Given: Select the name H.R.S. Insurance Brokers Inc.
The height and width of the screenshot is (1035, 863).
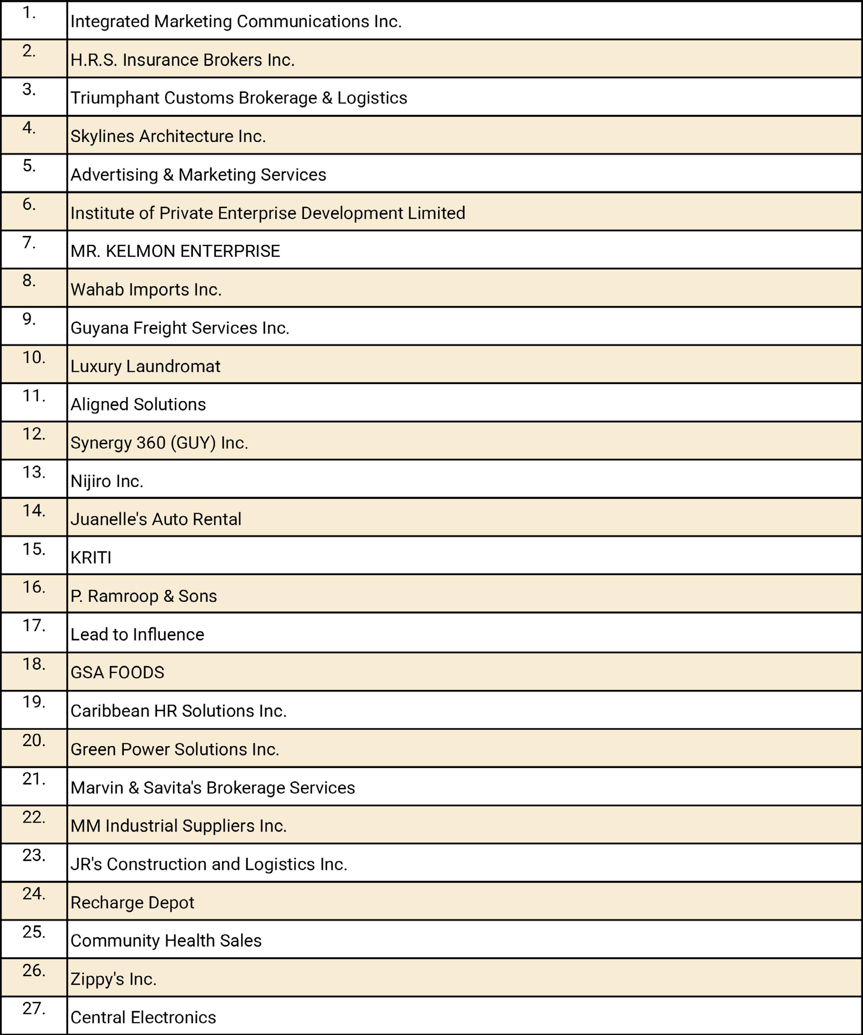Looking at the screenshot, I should click(182, 60).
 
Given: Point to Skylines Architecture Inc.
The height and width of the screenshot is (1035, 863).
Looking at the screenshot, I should click(168, 137).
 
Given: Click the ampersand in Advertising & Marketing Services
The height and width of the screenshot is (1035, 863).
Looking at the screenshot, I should click(168, 175).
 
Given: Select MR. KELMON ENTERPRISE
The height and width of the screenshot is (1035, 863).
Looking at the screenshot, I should click(175, 251).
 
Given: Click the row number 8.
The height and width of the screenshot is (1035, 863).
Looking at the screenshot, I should click(29, 281).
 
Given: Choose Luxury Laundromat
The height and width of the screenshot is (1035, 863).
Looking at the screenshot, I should click(145, 366).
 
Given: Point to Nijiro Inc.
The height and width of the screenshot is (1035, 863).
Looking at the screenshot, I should click(107, 481).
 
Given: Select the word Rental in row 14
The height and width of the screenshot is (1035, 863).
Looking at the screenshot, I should click(217, 519).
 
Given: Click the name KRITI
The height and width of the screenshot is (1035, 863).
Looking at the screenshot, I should click(91, 558).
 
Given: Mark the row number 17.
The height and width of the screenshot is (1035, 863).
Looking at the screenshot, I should click(34, 626).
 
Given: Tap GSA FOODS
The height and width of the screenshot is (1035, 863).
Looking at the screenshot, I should click(117, 673).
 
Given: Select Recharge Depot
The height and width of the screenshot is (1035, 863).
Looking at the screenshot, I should click(132, 903).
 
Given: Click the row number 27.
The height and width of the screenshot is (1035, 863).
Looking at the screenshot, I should click(34, 1009).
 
